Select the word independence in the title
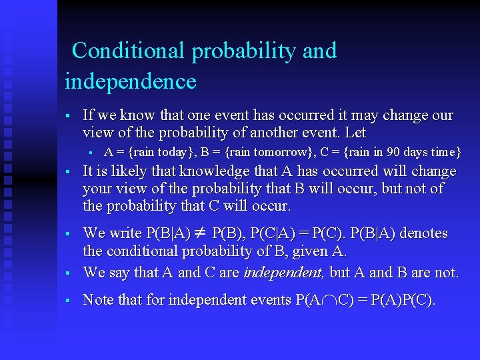131,81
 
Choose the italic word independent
284,273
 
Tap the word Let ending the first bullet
355,133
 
